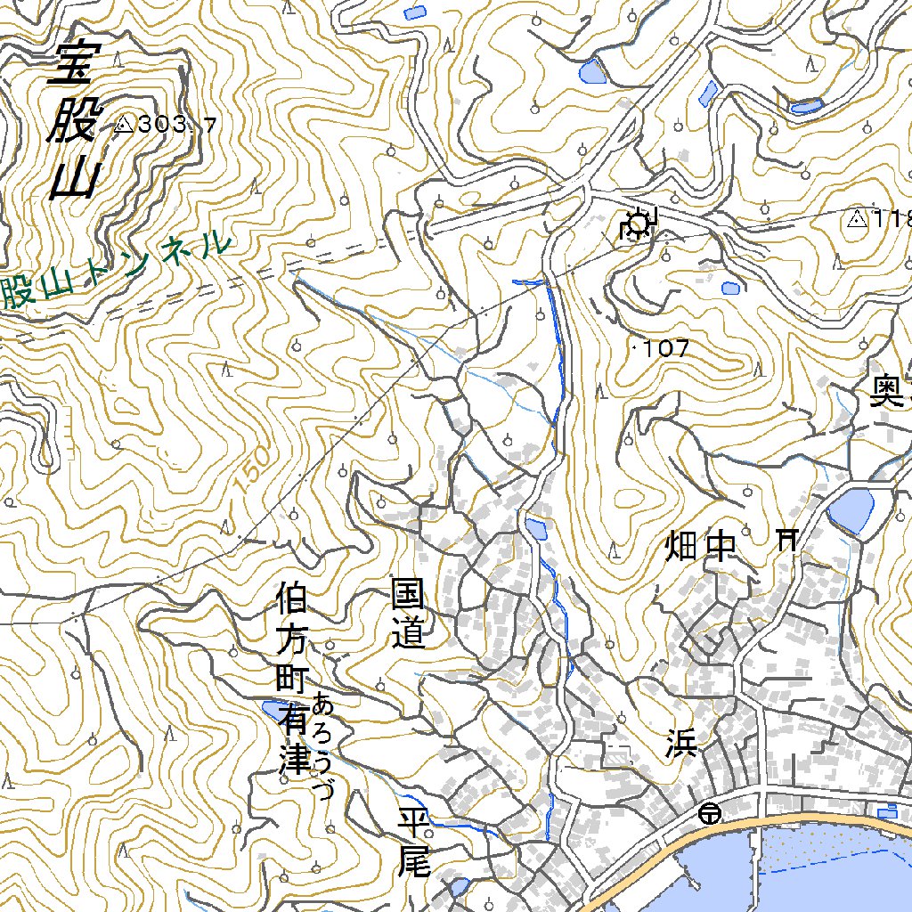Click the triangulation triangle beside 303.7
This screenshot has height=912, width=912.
click(123, 125)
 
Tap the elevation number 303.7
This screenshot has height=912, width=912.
click(178, 125)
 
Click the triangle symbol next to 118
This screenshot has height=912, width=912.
click(858, 218)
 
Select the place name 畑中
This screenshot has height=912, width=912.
click(702, 547)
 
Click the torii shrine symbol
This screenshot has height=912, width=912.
click(786, 538)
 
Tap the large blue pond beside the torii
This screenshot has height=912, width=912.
click(851, 511)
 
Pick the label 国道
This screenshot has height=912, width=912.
click(409, 614)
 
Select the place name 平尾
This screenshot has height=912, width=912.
click(415, 841)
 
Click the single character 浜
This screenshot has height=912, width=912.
click(680, 744)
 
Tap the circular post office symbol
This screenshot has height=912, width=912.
click(710, 812)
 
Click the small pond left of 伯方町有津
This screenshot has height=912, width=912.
click(270, 709)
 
